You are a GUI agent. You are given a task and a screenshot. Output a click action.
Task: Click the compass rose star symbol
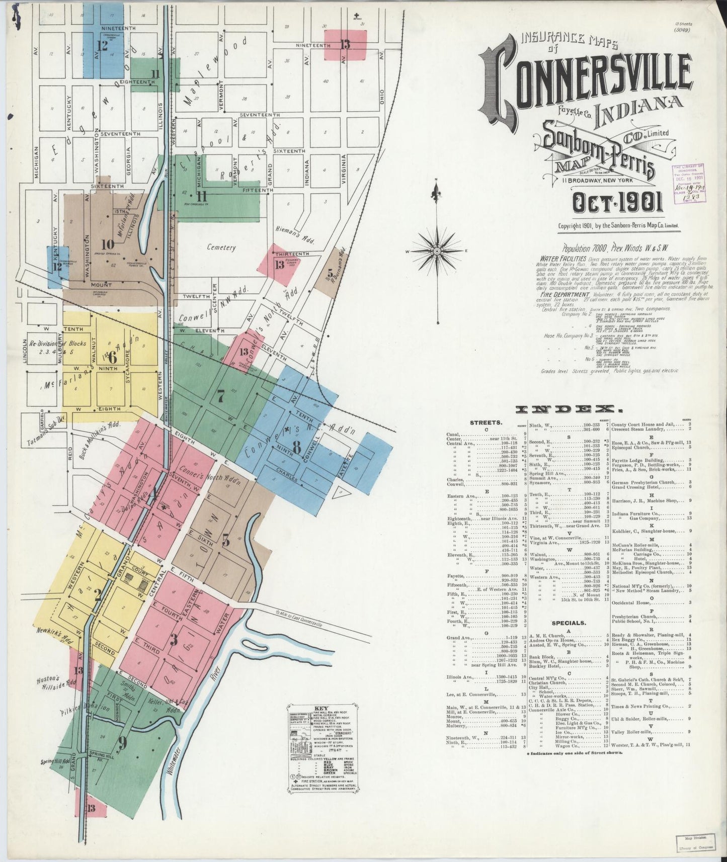click(437, 250)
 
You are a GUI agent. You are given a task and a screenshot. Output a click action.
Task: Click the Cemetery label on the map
click(221, 247)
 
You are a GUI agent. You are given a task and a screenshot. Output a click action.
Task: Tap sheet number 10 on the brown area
click(107, 245)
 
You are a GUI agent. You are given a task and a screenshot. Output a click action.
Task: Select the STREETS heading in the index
click(485, 423)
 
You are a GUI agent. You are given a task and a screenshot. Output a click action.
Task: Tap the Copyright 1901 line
click(618, 226)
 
